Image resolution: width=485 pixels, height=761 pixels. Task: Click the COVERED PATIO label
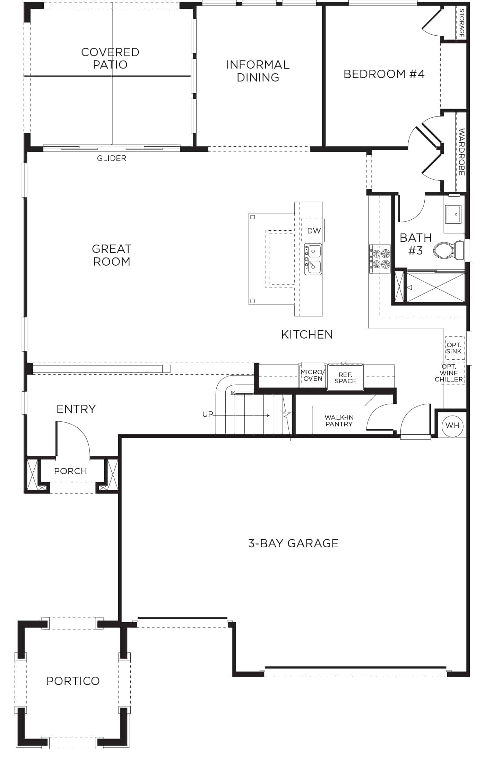110,58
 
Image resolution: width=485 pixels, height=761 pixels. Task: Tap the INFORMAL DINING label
258,71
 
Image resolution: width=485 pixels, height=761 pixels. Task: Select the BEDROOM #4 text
384,74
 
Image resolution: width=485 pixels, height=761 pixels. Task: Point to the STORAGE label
461,23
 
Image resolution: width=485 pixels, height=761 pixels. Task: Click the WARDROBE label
461,152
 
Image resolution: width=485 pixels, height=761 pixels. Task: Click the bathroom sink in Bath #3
453,214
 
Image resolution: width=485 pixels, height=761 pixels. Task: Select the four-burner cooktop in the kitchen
380,259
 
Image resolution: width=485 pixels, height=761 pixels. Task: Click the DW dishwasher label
314,231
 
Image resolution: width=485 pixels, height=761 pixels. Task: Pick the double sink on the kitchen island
313,259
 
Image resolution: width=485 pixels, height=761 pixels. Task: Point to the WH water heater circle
452,425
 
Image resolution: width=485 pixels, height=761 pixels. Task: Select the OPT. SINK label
454,348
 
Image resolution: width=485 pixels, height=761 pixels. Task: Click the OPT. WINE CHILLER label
449,373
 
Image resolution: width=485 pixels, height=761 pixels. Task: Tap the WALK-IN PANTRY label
339,421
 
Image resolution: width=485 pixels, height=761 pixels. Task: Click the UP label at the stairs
208,414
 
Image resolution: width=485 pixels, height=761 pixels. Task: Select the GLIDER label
111,158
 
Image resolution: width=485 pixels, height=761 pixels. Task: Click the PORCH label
70,471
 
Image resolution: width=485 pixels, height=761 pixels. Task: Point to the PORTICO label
73,681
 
